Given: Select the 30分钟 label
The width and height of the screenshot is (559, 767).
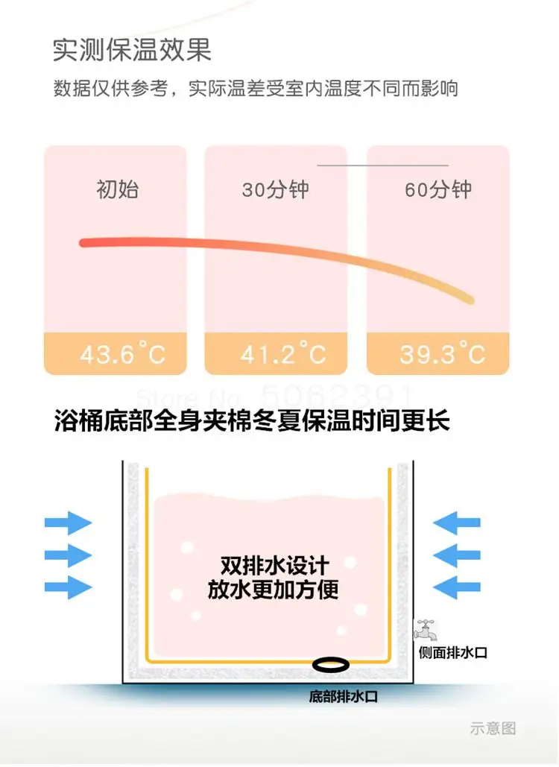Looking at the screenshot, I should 275,189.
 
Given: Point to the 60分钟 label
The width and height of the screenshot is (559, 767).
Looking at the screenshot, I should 438,189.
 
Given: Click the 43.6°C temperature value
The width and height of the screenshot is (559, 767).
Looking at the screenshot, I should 123,353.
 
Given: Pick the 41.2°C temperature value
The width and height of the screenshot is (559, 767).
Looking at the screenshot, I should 283,353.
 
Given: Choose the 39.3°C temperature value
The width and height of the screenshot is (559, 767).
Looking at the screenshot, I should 443,353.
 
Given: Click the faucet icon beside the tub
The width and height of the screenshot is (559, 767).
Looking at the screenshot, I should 426,631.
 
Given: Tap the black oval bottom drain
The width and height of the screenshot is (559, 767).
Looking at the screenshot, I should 331,663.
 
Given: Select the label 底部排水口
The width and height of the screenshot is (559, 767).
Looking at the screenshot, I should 344,697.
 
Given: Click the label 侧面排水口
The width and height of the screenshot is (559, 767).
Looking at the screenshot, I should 452,653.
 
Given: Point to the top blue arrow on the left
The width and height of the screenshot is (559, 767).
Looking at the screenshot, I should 68,522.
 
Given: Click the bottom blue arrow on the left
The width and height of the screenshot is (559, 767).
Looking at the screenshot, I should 68,587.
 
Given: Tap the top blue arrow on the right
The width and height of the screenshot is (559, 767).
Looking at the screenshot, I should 456,522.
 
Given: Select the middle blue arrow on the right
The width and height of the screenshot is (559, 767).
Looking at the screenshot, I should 456,555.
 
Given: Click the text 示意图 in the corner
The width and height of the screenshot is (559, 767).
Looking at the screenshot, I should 493,728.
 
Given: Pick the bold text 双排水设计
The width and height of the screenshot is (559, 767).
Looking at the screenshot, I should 274,565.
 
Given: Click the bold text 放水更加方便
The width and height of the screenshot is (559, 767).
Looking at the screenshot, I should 274,590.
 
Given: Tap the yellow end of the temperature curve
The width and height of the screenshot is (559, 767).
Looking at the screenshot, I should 469,299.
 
